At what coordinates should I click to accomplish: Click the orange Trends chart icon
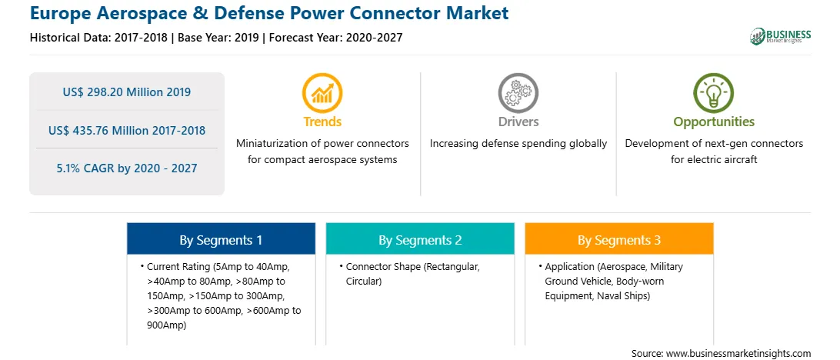322,92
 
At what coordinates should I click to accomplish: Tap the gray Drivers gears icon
518,92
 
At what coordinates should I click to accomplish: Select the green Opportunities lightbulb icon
714,92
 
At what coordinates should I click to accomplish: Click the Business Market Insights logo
780,36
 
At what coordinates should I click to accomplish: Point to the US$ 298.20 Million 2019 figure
126,92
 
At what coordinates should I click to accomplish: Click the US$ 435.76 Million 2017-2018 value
126,130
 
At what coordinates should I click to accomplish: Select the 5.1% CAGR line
126,168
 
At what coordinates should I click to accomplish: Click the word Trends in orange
322,122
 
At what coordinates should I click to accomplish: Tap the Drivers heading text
518,122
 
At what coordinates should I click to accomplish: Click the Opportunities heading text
714,122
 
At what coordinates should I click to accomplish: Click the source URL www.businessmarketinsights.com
738,354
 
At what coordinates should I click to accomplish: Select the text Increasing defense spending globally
518,144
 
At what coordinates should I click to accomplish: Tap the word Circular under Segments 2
363,282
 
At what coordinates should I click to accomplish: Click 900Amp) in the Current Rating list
166,325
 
